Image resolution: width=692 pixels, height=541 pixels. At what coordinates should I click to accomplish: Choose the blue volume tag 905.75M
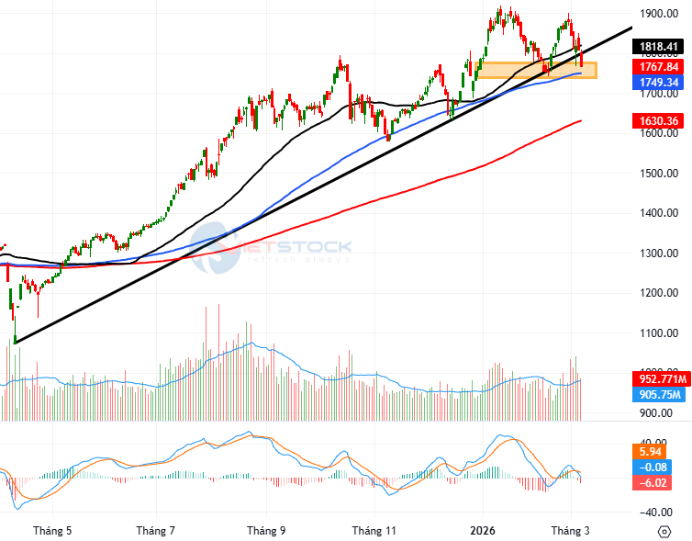point(658,395)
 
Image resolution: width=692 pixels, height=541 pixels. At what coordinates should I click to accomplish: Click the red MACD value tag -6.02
point(654,483)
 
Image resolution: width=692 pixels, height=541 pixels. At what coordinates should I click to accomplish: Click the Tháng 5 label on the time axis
point(51,531)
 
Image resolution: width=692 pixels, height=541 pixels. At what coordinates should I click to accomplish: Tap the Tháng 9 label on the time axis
point(266,531)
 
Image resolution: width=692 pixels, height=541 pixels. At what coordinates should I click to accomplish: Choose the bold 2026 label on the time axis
point(483,531)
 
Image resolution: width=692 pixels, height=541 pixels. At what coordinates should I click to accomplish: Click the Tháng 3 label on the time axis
point(569,531)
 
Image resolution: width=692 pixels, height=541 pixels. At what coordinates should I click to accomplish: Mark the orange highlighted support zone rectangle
point(536,70)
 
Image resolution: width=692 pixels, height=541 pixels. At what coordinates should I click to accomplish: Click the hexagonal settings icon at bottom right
point(664,531)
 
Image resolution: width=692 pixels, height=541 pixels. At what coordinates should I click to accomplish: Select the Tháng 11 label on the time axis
point(374,531)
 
